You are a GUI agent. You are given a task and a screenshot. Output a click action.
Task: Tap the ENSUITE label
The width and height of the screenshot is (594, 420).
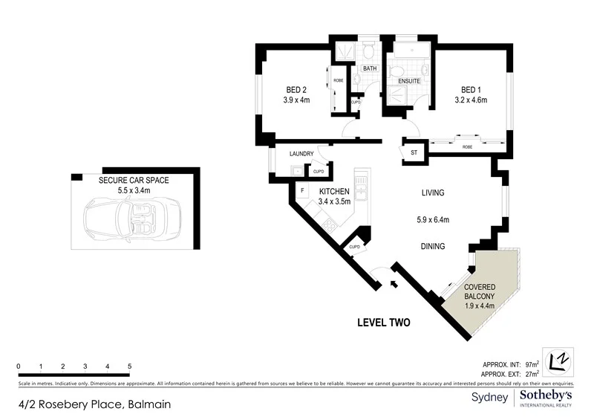(x=409, y=80)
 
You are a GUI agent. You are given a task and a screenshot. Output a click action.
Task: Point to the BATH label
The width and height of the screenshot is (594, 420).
(x=369, y=69)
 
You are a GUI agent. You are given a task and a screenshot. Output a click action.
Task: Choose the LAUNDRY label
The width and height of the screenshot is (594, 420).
(x=301, y=154)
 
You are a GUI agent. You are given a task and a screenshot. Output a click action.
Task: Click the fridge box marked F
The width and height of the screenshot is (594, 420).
(x=302, y=191)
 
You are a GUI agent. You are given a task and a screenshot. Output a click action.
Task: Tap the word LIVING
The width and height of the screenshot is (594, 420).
(x=432, y=193)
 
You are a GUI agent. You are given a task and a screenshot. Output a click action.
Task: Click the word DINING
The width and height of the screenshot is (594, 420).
(x=432, y=247)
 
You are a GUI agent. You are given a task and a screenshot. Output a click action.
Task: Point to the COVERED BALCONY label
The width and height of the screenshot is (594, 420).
(x=480, y=291)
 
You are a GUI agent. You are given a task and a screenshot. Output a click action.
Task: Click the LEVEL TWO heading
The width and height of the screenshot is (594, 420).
(x=384, y=323)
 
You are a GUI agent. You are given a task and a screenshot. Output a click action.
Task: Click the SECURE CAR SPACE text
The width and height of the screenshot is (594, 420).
(x=134, y=181)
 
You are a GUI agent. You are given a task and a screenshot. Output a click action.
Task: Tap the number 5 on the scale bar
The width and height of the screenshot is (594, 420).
(x=130, y=366)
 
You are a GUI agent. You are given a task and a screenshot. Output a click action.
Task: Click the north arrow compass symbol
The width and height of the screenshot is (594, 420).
(x=559, y=361)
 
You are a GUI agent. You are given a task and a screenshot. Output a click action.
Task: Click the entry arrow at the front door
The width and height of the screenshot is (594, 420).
(x=394, y=283)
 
